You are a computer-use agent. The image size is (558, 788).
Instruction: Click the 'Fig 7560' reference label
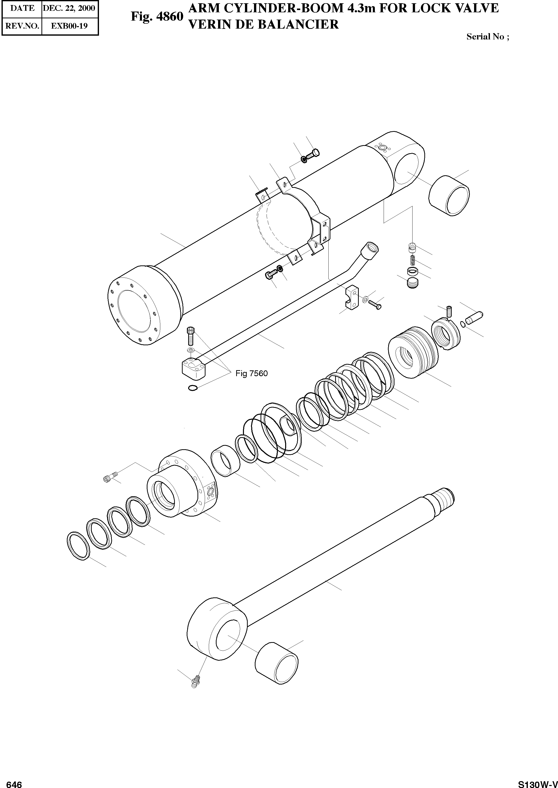pyautogui.click(x=251, y=374)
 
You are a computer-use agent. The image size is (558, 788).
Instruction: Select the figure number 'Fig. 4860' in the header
pyautogui.click(x=157, y=17)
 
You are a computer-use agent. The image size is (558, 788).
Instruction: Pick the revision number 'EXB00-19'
pyautogui.click(x=69, y=26)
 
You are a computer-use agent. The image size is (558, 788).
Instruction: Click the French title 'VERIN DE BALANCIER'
pyautogui.click(x=264, y=25)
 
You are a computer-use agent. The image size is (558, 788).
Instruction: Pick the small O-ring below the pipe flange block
pyautogui.click(x=193, y=388)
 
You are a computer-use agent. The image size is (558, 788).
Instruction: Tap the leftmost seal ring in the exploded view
pyautogui.click(x=78, y=546)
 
